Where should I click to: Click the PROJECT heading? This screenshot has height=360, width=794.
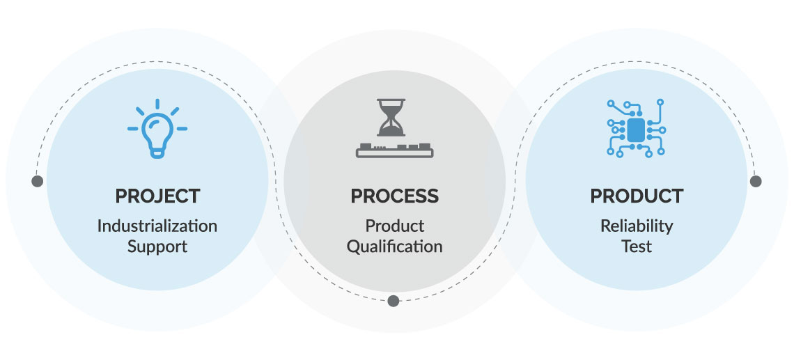pyautogui.click(x=157, y=196)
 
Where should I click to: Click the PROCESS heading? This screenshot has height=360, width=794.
pyautogui.click(x=394, y=196)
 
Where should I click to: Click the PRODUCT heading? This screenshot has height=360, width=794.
pyautogui.click(x=637, y=196)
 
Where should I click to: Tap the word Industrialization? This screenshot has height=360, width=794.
pyautogui.click(x=157, y=226)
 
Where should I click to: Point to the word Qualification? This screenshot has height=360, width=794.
pyautogui.click(x=394, y=246)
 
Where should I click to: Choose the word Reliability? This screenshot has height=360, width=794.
pyautogui.click(x=637, y=226)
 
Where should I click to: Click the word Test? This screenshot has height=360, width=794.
pyautogui.click(x=637, y=246)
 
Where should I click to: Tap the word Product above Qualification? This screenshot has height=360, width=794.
pyautogui.click(x=394, y=226)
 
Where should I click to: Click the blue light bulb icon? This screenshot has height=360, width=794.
pyautogui.click(x=157, y=129)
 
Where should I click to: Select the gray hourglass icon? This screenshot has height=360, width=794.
pyautogui.click(x=391, y=118)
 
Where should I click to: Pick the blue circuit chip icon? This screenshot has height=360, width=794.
pyautogui.click(x=636, y=128)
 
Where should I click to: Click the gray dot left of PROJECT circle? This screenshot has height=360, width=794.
pyautogui.click(x=37, y=181)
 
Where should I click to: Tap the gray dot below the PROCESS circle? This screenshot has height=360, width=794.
pyautogui.click(x=393, y=301)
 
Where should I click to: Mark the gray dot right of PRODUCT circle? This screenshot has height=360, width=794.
pyautogui.click(x=756, y=181)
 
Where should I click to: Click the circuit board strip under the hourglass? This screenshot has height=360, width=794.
pyautogui.click(x=394, y=150)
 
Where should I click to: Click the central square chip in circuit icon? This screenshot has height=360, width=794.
pyautogui.click(x=636, y=130)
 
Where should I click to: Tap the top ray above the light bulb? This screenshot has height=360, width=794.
pyautogui.click(x=157, y=104)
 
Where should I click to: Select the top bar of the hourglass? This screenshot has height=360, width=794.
pyautogui.click(x=391, y=100)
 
